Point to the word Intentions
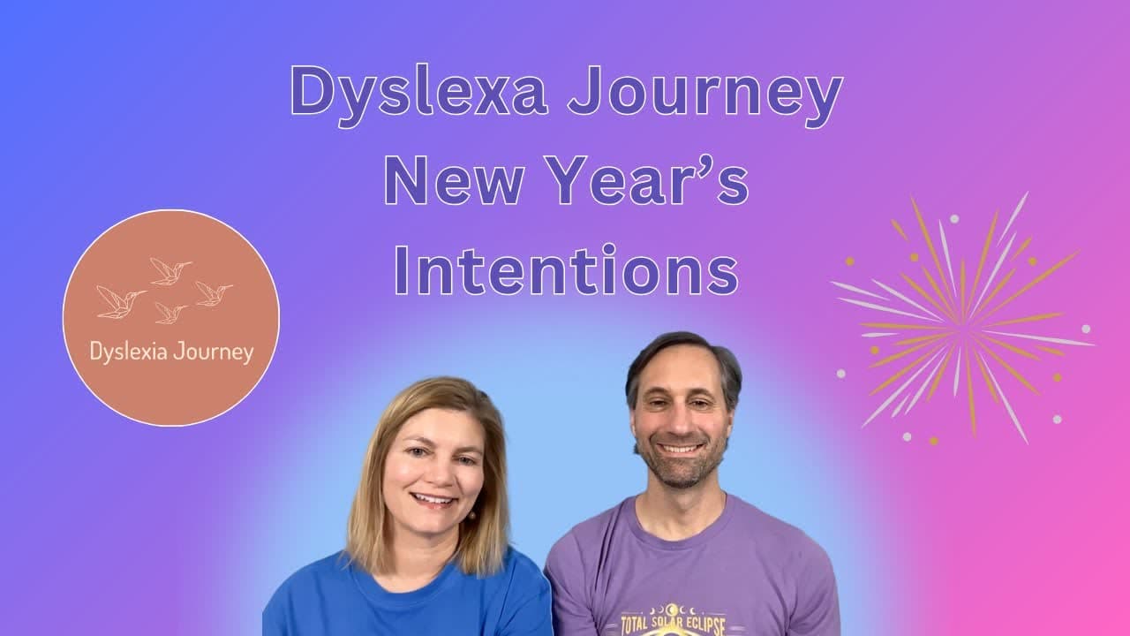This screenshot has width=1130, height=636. click(567, 269)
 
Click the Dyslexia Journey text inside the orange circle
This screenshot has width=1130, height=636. click(171, 352)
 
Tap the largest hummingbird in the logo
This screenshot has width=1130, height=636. click(121, 302)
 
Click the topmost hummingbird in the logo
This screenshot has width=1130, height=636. click(170, 271)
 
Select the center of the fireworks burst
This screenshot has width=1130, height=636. click(964, 321)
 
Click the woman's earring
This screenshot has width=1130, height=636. click(472, 515)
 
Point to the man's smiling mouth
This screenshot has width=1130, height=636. click(681, 448)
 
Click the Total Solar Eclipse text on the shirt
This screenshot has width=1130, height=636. click(673, 624)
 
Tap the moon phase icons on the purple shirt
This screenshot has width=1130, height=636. click(673, 609)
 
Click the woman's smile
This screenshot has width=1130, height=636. click(433, 500)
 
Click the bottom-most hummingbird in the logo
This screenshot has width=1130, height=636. click(170, 313)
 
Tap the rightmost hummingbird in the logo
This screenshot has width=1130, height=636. click(213, 294)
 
